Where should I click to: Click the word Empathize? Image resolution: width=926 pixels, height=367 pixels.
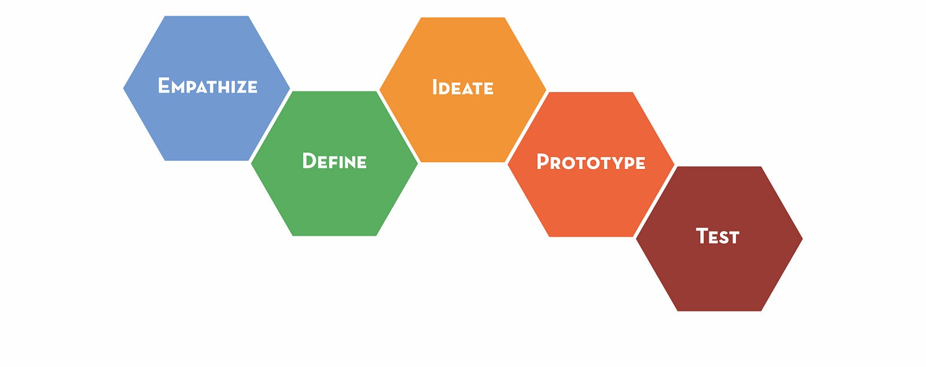(x=208, y=86)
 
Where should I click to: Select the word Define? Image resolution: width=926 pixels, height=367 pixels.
(x=335, y=161)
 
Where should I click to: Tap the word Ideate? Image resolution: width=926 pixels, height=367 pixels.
(x=462, y=87)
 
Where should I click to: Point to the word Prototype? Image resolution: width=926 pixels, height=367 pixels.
(x=591, y=162)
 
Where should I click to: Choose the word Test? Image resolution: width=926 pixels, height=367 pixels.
(x=718, y=236)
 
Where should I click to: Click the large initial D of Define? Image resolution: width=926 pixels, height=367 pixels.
(x=310, y=161)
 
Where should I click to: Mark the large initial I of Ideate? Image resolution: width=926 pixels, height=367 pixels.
(x=435, y=87)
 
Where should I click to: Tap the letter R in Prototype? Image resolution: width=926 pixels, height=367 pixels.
(x=557, y=163)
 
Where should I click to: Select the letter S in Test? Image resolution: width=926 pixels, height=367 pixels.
(x=723, y=238)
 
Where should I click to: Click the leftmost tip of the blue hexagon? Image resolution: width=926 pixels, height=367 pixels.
(x=124, y=88)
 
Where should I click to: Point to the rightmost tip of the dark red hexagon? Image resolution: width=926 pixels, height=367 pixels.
(x=802, y=238)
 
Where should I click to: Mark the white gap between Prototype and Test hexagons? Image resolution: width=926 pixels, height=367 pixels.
(x=655, y=201)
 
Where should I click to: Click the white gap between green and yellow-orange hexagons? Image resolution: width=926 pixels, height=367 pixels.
(x=399, y=126)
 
